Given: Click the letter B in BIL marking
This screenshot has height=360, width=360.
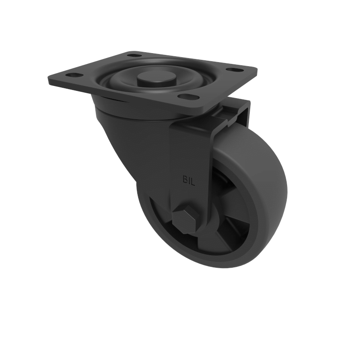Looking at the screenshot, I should (184, 178).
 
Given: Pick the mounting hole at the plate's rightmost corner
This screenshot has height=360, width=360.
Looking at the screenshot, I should (233, 70).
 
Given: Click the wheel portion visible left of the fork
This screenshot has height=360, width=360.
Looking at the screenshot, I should (153, 216).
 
